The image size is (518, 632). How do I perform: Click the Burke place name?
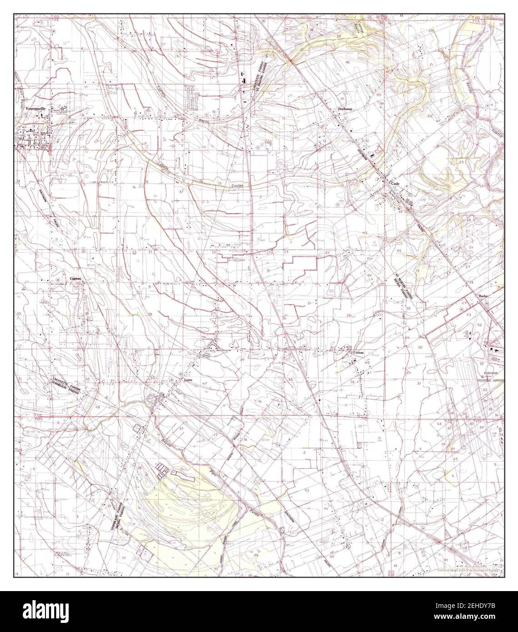click(483, 296)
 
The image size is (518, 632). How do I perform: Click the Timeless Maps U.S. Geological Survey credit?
click(468, 570)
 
